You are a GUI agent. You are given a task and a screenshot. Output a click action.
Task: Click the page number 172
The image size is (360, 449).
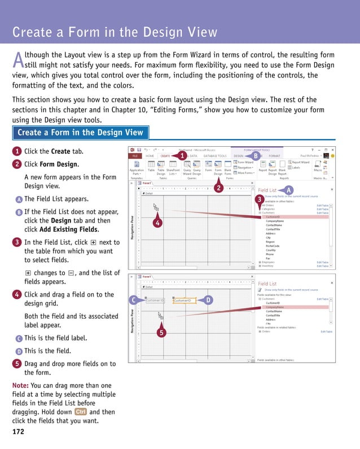(x=18, y=431)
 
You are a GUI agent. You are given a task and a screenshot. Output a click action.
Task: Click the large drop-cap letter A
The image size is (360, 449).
(x=18, y=60)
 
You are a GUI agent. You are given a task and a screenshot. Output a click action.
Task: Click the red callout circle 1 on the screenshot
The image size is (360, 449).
(x=183, y=155)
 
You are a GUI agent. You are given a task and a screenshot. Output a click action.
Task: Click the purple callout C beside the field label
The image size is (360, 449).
(x=133, y=300)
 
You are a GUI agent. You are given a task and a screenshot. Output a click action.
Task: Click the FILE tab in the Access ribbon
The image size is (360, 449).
(x=135, y=155)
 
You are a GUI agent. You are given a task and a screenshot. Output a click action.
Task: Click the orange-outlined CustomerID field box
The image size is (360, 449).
(x=184, y=300)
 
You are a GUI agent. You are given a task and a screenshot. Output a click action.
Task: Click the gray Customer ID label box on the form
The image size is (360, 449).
(x=155, y=300)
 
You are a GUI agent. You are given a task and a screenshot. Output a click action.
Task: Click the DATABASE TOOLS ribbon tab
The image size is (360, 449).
(x=215, y=155)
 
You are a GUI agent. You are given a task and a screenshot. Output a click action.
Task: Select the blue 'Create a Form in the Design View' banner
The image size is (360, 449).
(x=80, y=133)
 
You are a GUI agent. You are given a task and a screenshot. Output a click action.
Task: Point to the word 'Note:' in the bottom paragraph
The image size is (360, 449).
(x=21, y=385)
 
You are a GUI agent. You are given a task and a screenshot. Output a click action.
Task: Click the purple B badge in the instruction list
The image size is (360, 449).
(x=19, y=212)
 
